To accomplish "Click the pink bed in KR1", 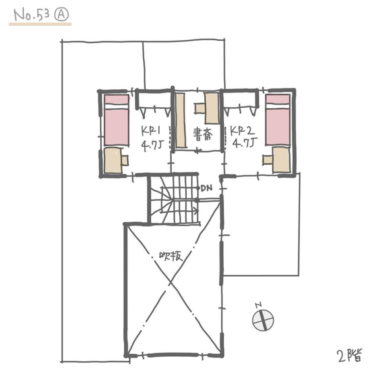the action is [x=116, y=120].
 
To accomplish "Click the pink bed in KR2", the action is [x=278, y=120].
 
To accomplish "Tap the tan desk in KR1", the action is [x=113, y=160].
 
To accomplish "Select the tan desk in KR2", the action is [x=281, y=160].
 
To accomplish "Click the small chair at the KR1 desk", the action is [x=125, y=160].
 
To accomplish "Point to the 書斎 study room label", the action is [x=203, y=135].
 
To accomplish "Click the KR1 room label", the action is [x=151, y=131].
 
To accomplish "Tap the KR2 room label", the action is [x=242, y=131].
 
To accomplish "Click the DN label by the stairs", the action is [x=207, y=188].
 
